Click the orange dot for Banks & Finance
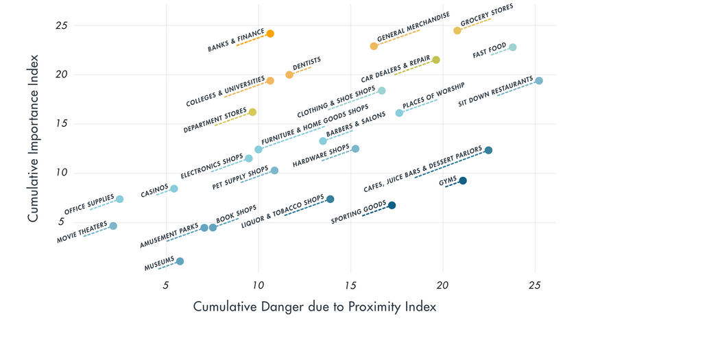coord(270,34)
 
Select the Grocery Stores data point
coord(457,31)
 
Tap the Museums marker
coord(180,261)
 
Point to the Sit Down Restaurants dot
coord(539,81)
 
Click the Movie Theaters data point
coord(113,226)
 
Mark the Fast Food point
coord(513,47)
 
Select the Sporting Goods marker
coord(392,206)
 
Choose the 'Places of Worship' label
coord(433,96)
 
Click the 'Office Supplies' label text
coord(89,204)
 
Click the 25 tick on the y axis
coord(61,25)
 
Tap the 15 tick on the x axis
coord(350,284)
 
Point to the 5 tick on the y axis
coord(61,222)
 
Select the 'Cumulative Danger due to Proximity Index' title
coord(315,307)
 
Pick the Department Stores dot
coord(252,112)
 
